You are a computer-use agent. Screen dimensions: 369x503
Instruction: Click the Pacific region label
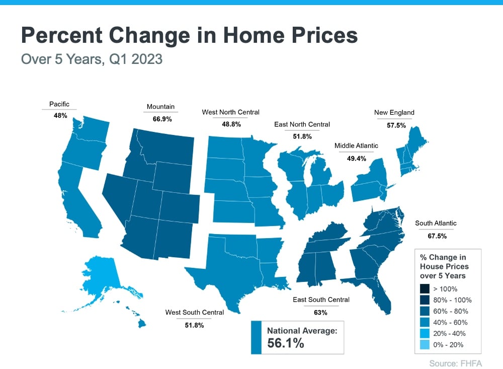pos(59,104)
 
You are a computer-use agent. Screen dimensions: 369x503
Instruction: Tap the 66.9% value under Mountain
pos(160,119)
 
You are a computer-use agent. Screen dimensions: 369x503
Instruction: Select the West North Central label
pos(231,112)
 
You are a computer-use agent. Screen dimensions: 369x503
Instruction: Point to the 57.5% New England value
pos(396,125)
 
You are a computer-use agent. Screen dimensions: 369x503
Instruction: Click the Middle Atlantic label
pos(356,146)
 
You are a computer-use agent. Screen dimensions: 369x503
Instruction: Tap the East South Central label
pos(321,300)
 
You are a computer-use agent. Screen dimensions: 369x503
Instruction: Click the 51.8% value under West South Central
pos(194,325)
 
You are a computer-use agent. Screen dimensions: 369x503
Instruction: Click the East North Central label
pos(302,124)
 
